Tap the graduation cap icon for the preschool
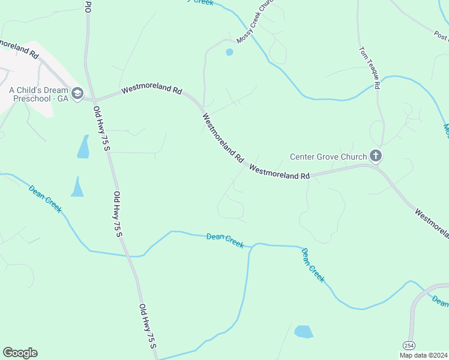click(x=77, y=93)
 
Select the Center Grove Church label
click(x=328, y=157)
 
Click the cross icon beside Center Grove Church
click(x=376, y=157)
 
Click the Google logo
click(x=20, y=353)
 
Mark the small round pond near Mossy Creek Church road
click(x=229, y=52)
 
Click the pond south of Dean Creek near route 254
click(x=304, y=331)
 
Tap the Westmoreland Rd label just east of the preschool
click(x=151, y=91)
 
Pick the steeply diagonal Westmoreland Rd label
click(x=223, y=139)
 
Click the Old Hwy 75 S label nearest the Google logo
click(x=148, y=327)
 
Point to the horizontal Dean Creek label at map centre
click(x=225, y=240)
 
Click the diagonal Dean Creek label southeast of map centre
click(x=313, y=265)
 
